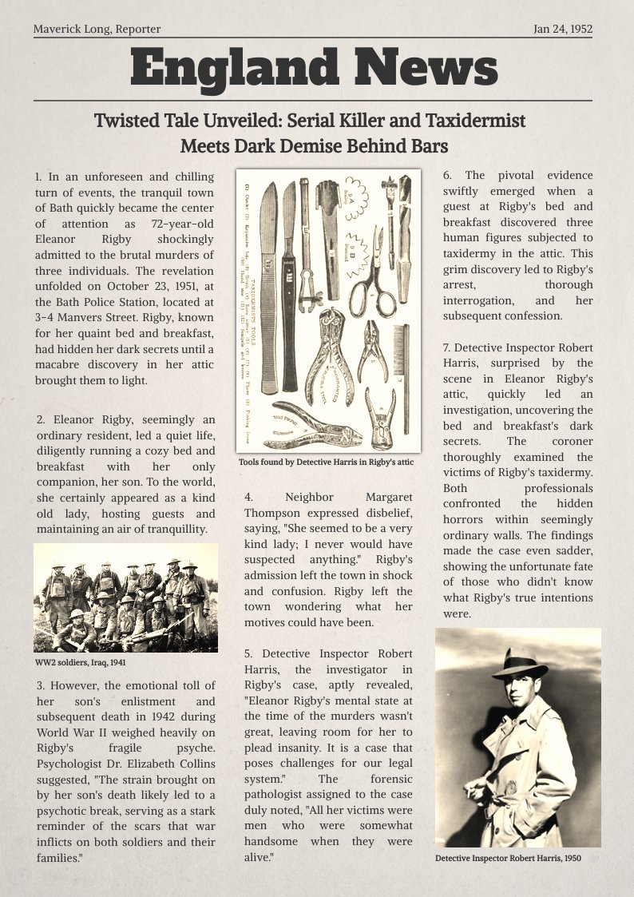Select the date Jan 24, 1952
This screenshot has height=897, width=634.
(562, 30)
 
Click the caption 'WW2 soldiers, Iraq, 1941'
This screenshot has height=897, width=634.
(80, 662)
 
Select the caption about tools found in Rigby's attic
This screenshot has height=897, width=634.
(327, 462)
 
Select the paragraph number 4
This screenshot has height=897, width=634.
(248, 497)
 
